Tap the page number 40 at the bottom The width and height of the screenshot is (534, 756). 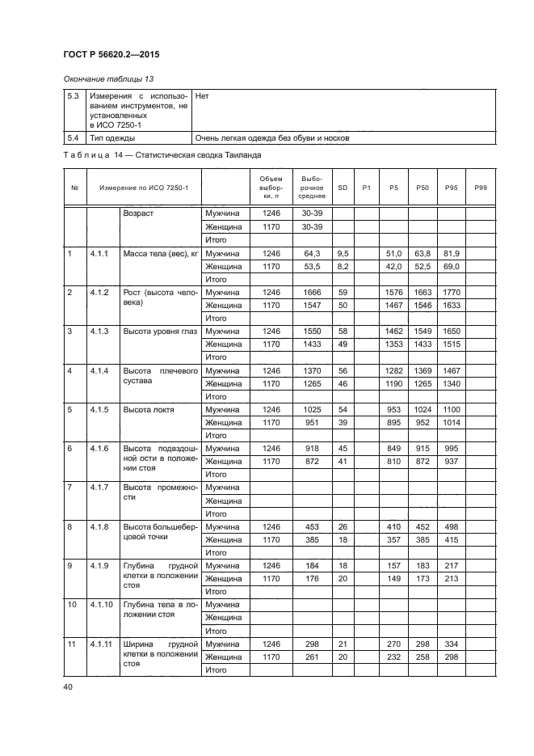[x=67, y=686]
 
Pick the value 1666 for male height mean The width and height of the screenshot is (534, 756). [x=311, y=292]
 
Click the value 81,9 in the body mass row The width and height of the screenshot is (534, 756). [x=451, y=253]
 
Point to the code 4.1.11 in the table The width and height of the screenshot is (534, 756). [x=102, y=644]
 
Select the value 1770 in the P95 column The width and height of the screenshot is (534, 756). [x=451, y=292]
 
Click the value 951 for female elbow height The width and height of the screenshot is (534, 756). [x=311, y=422]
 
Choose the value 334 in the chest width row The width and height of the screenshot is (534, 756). [x=451, y=644]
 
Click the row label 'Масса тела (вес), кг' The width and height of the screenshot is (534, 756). [x=160, y=253]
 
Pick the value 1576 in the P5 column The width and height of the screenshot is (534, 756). [x=393, y=292]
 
